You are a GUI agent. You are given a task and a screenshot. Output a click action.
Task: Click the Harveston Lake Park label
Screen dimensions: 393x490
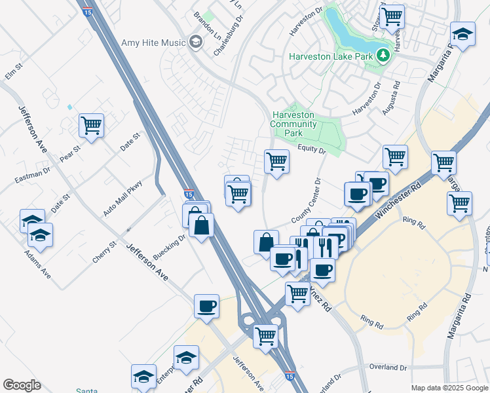pyautogui.click(x=330, y=56)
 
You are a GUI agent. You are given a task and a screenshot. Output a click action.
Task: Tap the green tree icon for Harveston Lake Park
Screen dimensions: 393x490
pyautogui.click(x=384, y=56)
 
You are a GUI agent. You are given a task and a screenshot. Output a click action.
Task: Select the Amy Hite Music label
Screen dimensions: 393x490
pyautogui.click(x=154, y=43)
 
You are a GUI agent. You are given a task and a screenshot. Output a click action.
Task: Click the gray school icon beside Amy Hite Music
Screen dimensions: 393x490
pyautogui.click(x=195, y=43)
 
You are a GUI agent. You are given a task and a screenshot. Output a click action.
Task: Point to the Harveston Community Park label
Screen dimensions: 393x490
pyautogui.click(x=293, y=124)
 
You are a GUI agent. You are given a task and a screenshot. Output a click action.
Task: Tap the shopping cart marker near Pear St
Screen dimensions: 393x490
pyautogui.click(x=91, y=125)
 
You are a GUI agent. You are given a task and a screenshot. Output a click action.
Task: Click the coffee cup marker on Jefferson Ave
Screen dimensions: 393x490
pyautogui.click(x=207, y=306)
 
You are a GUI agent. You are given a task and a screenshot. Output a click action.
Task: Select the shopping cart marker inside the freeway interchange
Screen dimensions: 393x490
pyautogui.click(x=266, y=336)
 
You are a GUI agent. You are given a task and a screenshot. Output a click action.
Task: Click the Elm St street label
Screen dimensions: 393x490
pyautogui.click(x=14, y=71)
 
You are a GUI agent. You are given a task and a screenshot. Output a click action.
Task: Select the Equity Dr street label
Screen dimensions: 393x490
pyautogui.click(x=312, y=150)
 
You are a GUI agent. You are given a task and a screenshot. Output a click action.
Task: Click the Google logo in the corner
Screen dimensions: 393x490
pyautogui.click(x=22, y=385)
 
